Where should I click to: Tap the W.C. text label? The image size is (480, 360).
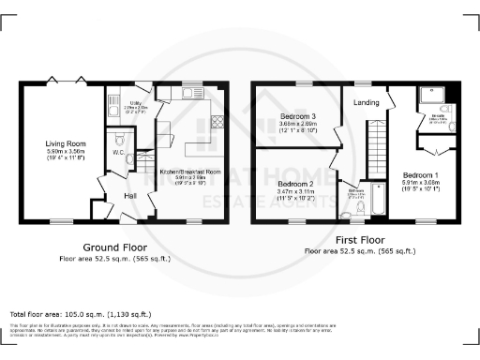pos(119,151)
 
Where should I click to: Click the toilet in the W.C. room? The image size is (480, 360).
pos(129,159)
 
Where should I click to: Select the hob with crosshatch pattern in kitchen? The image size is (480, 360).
pos(218,121)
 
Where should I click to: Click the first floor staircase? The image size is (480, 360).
pos(376,149)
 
